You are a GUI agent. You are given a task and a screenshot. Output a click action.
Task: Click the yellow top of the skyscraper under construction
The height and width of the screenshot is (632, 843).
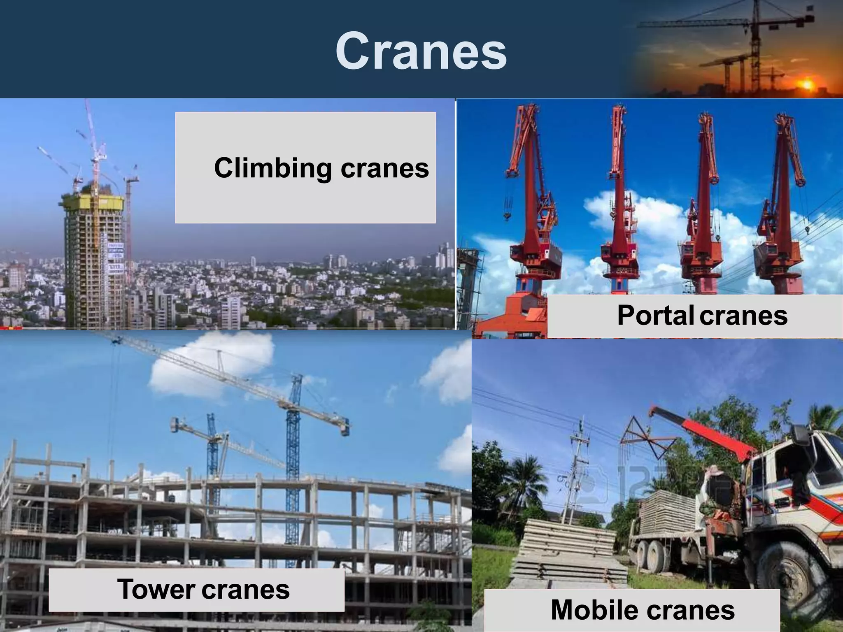93,202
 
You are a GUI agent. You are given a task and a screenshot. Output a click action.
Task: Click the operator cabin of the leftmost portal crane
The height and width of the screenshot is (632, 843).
531,255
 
